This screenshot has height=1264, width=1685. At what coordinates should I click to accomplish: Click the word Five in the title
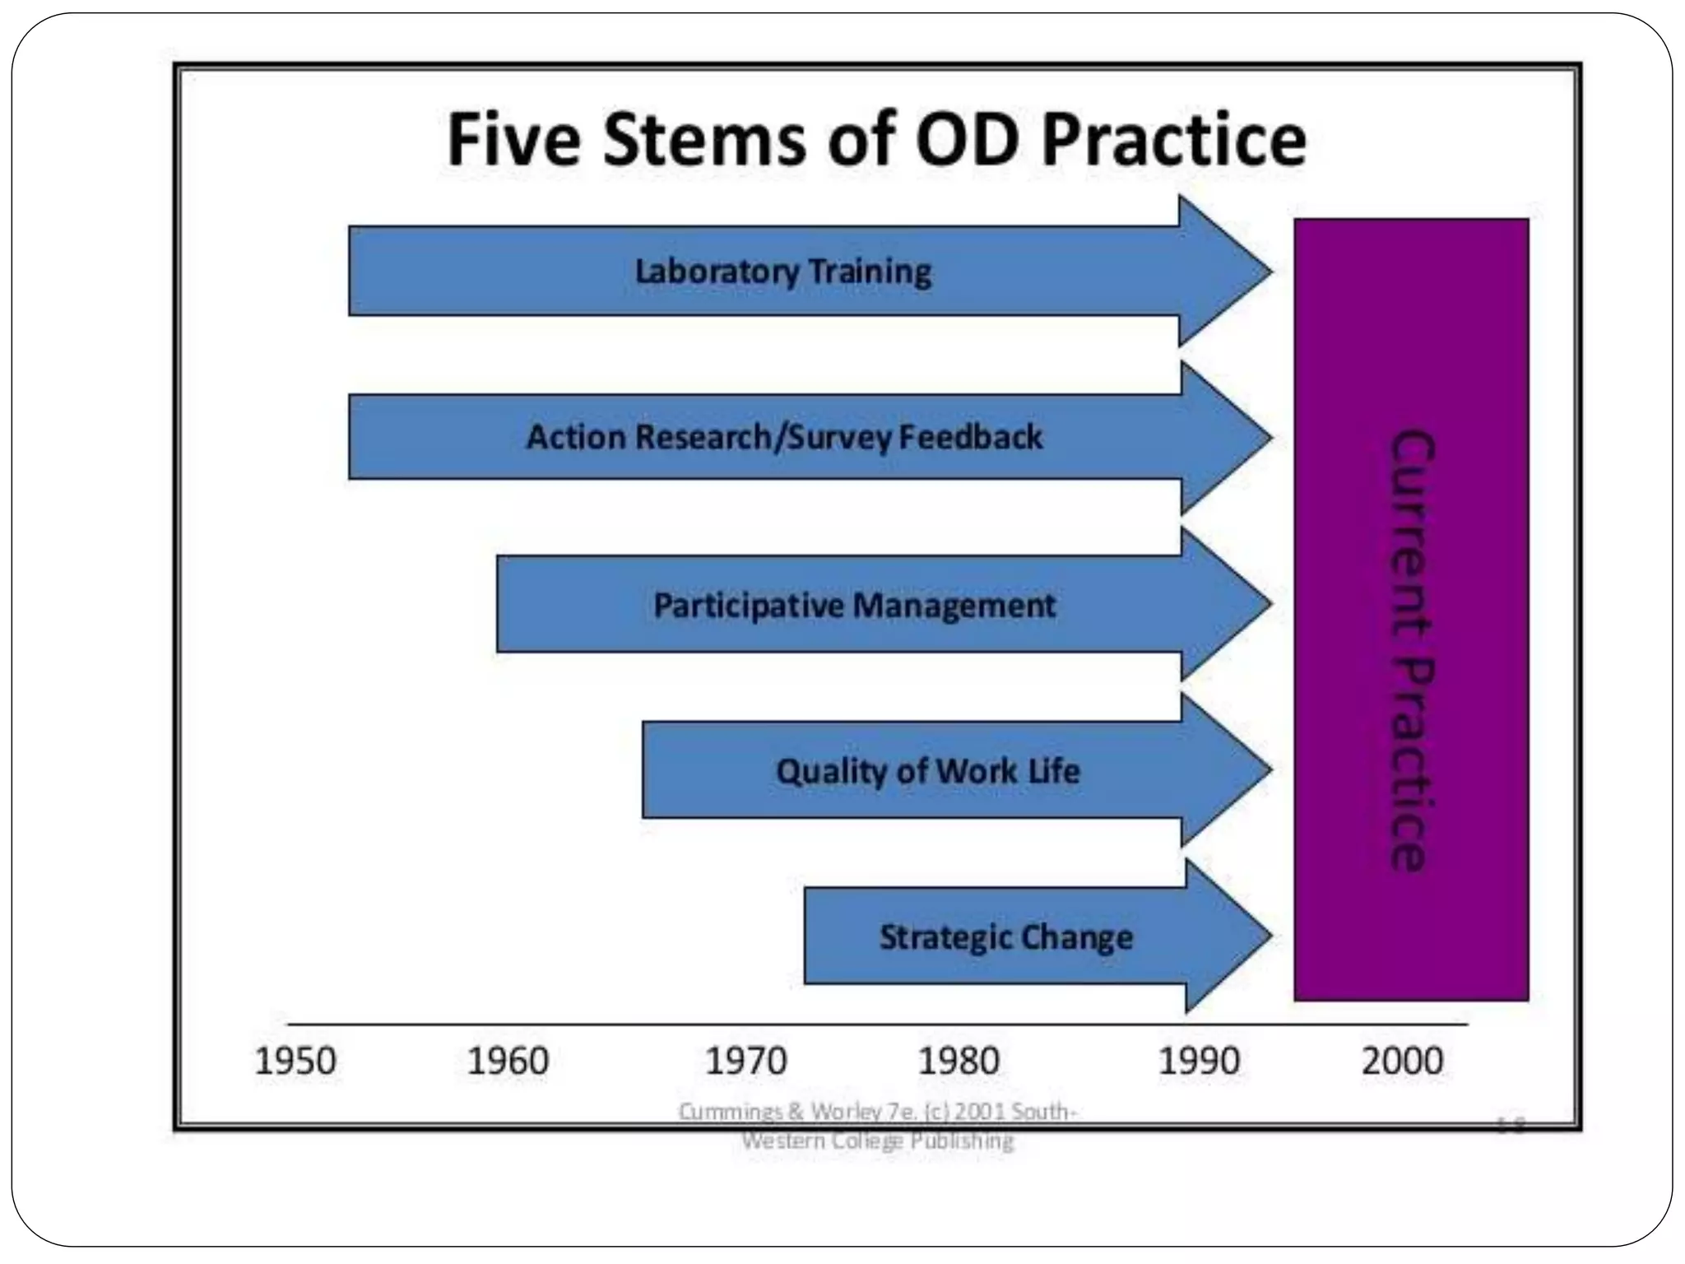coord(513,140)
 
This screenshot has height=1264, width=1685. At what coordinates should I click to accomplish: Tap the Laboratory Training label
coord(782,272)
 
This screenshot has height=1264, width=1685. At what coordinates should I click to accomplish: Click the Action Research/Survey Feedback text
coord(784,437)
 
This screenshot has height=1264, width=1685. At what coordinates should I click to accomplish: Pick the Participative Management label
coord(853,606)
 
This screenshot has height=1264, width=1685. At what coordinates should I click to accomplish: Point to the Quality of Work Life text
coord(927,771)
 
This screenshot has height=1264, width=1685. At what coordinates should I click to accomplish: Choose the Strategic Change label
coord(1005,937)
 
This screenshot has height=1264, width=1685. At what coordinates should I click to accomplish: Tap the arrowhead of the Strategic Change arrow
coord(1234,936)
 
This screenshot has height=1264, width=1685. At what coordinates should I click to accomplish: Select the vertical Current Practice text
coord(1411,650)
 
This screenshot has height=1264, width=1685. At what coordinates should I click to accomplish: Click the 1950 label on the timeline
coord(295,1061)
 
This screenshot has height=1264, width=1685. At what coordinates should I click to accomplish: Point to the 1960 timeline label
coord(508,1061)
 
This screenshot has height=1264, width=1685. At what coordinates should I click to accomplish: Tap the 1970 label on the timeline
coord(746,1061)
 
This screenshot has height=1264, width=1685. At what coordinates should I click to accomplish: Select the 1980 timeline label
coord(959,1061)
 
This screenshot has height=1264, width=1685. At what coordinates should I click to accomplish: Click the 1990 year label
coord(1199,1061)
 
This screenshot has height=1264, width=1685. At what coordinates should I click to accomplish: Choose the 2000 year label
coord(1402,1061)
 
